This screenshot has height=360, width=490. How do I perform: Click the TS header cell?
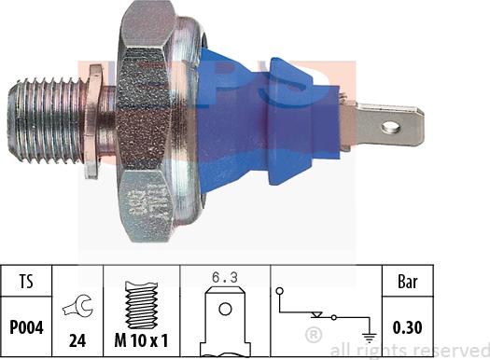[26, 281]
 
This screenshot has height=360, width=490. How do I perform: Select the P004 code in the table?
[26, 327]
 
